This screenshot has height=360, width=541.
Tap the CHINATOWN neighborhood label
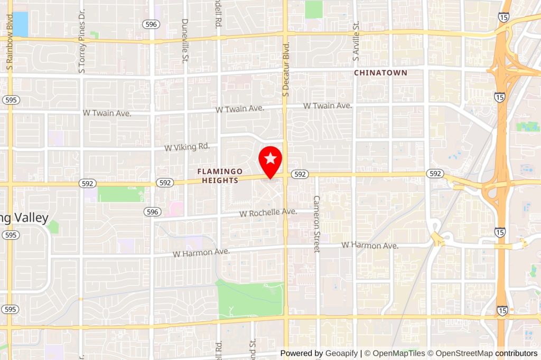380,73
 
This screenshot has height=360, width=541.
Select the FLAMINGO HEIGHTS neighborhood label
220,176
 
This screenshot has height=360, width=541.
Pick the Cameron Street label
317,224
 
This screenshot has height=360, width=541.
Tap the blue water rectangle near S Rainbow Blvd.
20,24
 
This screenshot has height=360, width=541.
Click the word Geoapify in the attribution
341,353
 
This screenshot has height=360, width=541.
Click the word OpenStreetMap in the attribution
463,353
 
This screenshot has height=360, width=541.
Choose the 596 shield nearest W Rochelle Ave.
152,212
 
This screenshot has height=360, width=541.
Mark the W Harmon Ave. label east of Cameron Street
369,245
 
